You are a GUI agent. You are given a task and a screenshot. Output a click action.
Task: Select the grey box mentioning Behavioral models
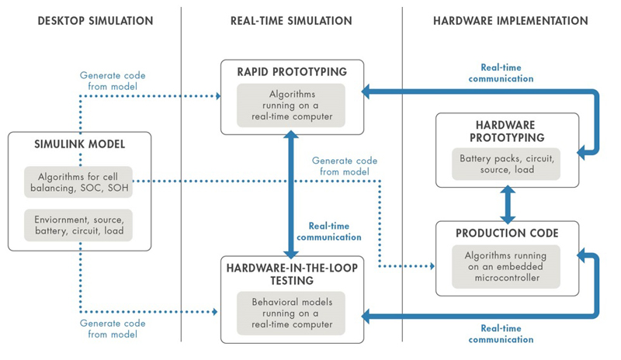[x=292, y=310]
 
